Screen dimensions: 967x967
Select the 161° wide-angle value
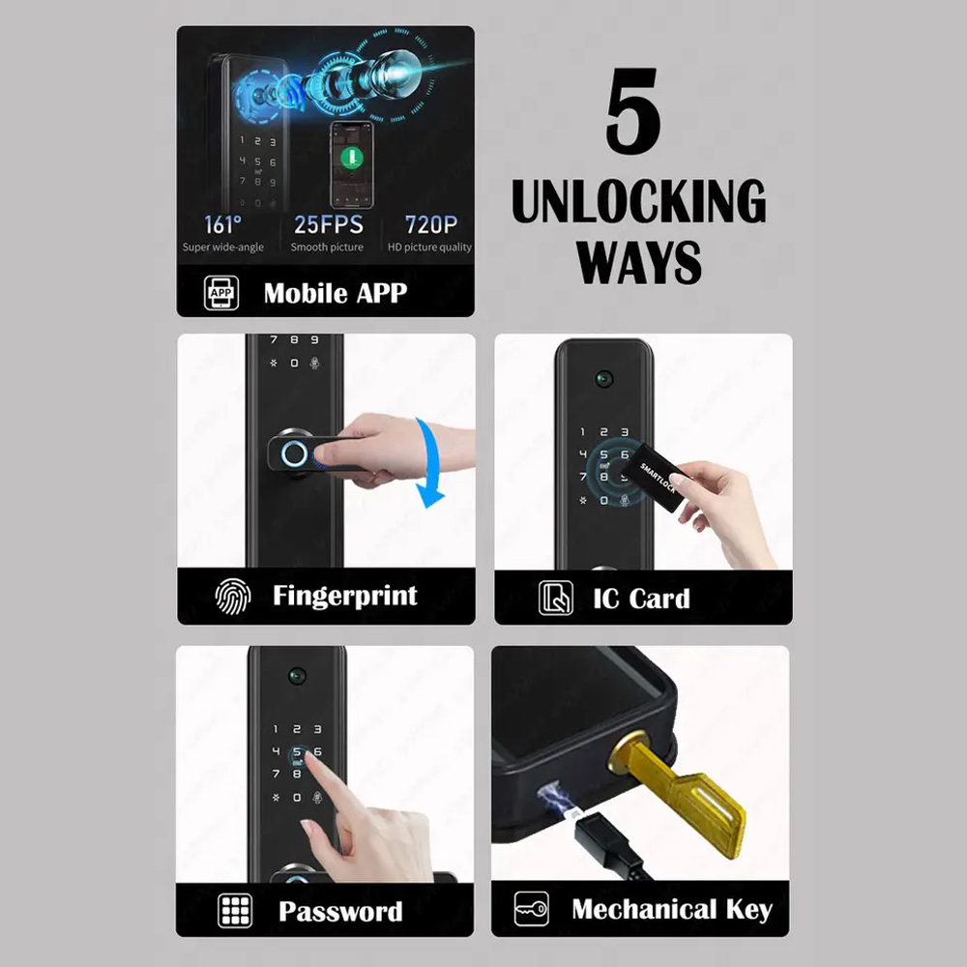[x=222, y=225]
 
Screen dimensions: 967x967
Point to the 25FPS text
[x=328, y=225]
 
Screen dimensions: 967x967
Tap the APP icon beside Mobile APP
[x=221, y=293]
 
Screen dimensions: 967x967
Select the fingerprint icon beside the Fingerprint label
[x=233, y=596]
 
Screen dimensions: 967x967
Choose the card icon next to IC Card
[x=555, y=598]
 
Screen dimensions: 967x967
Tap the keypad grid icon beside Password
[x=235, y=911]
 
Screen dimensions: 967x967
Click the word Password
[x=340, y=911]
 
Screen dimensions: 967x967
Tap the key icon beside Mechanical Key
[x=531, y=909]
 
